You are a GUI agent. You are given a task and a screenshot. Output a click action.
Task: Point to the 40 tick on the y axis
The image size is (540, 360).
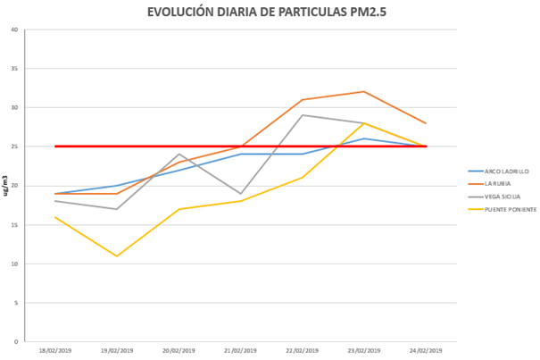(x=14, y=29)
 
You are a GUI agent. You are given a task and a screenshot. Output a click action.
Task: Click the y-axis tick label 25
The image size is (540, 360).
(x=14, y=147)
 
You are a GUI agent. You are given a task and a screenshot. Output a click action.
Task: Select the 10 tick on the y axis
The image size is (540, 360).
(x=14, y=264)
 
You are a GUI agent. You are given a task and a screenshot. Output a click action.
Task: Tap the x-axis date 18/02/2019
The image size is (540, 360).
(x=56, y=350)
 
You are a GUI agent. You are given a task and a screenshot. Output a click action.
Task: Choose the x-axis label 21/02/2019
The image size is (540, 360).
(x=241, y=350)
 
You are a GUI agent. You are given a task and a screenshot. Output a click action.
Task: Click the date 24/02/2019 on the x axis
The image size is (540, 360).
(x=426, y=350)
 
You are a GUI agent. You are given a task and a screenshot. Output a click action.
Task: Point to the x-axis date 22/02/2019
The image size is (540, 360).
(x=303, y=350)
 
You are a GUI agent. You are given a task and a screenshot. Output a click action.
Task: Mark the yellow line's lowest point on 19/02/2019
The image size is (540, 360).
(x=118, y=255)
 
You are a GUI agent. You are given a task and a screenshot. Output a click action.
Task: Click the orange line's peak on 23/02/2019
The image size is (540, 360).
(x=364, y=91)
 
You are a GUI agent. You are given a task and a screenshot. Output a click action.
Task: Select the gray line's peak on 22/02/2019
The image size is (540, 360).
(x=303, y=115)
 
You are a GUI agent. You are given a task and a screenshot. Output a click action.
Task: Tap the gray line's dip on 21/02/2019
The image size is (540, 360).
(x=241, y=193)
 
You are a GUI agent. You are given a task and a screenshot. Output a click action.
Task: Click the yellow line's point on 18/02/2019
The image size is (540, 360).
(x=56, y=217)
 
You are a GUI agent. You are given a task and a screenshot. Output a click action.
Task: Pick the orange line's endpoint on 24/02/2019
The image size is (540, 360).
(x=426, y=123)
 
